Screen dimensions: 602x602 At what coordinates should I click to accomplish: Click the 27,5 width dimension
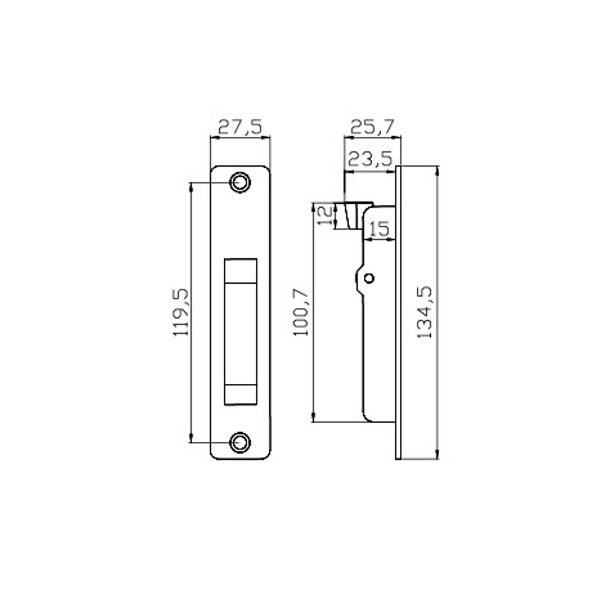pos(241,127)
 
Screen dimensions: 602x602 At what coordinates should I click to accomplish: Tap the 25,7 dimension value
pos(372,127)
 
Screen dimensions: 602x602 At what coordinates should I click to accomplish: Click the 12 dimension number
pos(326,215)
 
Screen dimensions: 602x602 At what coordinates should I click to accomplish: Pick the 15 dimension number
pos(380,229)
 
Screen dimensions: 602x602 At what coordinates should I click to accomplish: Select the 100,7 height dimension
pos(301,312)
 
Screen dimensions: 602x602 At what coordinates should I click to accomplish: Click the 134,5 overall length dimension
pos(424,312)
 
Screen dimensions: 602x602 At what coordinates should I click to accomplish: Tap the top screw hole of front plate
pos(241,183)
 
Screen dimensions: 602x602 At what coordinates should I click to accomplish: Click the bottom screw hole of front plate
pos(241,442)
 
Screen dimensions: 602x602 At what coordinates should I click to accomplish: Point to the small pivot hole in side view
pos(369,278)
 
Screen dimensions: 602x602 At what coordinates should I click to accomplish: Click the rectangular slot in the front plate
pos(240,332)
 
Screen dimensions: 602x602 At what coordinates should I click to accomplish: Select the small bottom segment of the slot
pos(240,394)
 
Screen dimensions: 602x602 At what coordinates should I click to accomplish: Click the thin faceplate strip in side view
pos(399,312)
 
